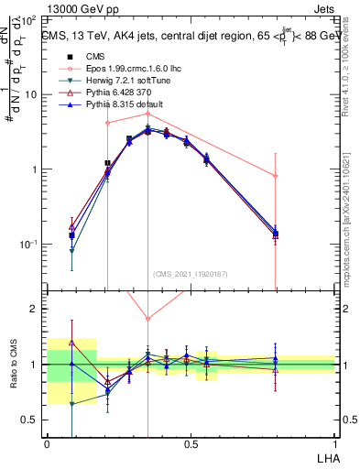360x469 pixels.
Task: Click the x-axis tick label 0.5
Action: click(x=191, y=442)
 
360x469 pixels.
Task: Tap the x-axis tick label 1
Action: click(x=334, y=442)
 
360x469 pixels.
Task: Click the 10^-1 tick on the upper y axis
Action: click(x=32, y=245)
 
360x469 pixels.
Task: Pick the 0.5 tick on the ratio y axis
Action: click(x=34, y=420)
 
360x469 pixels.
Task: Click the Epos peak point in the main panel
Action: click(x=147, y=114)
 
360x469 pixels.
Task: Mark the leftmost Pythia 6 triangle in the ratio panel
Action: click(x=71, y=343)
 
